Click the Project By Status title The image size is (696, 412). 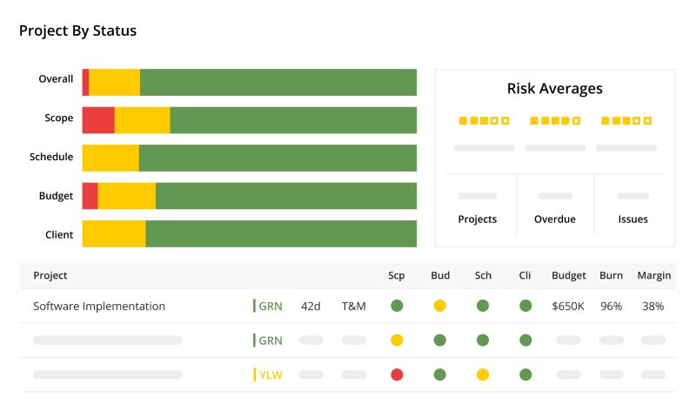tap(77, 31)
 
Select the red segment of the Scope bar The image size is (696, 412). tap(98, 120)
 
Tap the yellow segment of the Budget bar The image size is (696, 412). tap(126, 196)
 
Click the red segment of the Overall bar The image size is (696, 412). tap(85, 81)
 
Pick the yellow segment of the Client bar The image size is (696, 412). tap(114, 234)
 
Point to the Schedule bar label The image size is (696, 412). tap(51, 157)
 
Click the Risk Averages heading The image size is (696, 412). tap(554, 89)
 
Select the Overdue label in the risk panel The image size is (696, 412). tap(554, 220)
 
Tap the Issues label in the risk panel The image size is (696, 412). tap(632, 220)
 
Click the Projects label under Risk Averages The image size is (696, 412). tap(477, 220)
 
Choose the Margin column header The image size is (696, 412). tap(653, 276)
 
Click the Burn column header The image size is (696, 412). tap(611, 276)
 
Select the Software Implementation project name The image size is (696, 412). tap(99, 307)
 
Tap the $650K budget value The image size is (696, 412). tap(568, 307)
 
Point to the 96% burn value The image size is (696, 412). tap(611, 307)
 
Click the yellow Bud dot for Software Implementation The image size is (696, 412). tap(439, 306)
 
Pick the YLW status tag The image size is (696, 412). tap(270, 375)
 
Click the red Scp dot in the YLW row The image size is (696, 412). tap(397, 375)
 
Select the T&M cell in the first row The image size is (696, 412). tap(353, 307)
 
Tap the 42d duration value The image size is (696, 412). tap(311, 307)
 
